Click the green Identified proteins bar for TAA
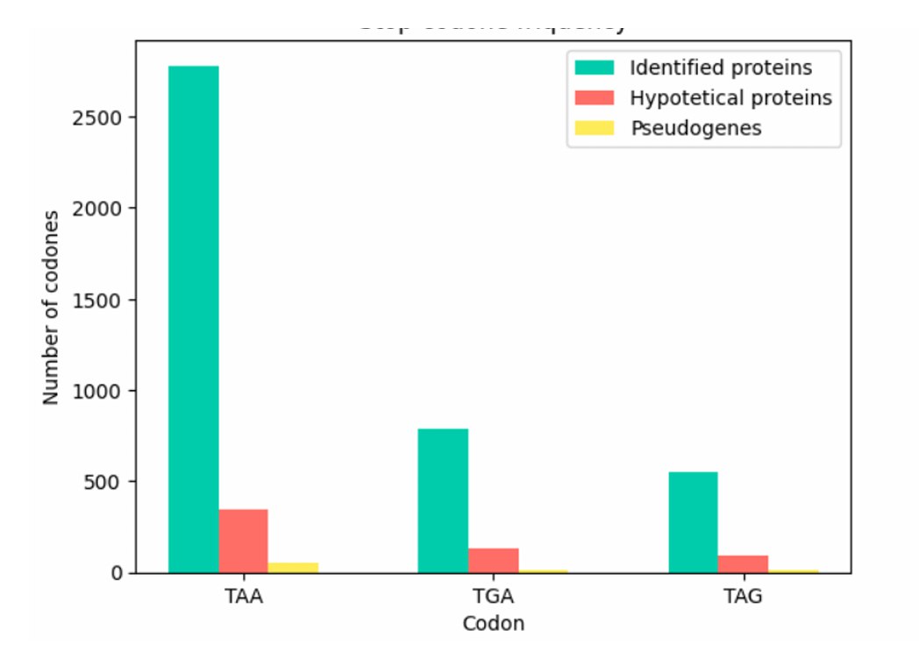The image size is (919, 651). (194, 319)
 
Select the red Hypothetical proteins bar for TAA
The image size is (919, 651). (244, 541)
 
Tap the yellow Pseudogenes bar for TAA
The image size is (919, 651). (293, 568)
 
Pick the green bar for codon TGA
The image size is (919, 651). (443, 500)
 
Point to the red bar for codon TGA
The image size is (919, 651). (493, 561)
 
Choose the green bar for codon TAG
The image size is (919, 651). (693, 522)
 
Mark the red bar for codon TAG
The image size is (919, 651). (743, 564)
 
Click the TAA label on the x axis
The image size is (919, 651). (244, 598)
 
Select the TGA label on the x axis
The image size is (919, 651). (494, 598)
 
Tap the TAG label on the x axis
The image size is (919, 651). (743, 598)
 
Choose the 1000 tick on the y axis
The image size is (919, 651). (107, 391)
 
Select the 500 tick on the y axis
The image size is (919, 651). (112, 482)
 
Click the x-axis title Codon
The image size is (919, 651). (493, 624)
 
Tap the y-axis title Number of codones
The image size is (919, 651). (51, 307)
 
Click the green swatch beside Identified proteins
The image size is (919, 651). (595, 67)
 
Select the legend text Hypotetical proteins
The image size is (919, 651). (730, 97)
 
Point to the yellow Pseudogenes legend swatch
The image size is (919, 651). (595, 128)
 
